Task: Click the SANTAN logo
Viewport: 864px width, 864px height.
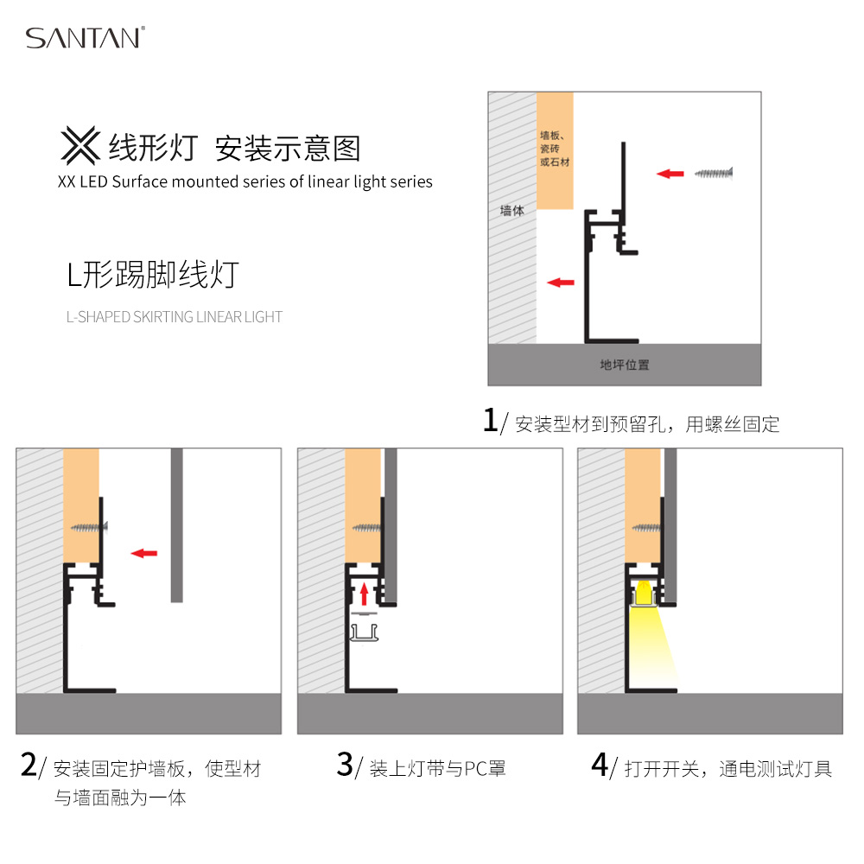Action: click(x=86, y=37)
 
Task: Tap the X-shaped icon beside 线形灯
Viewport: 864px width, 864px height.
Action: click(x=80, y=145)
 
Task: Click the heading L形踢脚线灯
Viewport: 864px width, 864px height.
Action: click(x=153, y=275)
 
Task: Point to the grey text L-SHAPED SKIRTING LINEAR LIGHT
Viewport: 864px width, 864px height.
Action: click(x=175, y=317)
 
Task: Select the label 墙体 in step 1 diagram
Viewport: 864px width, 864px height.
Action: click(x=511, y=210)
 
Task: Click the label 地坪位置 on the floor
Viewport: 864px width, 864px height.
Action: click(x=625, y=365)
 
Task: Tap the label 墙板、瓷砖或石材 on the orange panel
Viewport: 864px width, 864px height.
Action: click(x=555, y=149)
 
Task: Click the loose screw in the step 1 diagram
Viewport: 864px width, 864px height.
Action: click(x=714, y=174)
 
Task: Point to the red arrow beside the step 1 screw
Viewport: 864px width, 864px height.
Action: click(x=670, y=174)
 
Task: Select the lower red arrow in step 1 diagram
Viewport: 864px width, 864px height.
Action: click(x=561, y=283)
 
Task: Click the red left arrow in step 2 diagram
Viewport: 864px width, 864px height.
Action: click(x=143, y=553)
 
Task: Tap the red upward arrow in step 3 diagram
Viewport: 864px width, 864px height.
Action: click(x=364, y=594)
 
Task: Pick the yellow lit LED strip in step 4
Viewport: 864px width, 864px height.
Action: click(x=643, y=594)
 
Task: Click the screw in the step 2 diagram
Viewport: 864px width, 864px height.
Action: click(x=89, y=527)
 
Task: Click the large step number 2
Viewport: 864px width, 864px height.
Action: click(x=29, y=765)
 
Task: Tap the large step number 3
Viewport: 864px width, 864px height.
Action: click(x=345, y=765)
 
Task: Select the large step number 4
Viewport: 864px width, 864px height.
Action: click(x=600, y=765)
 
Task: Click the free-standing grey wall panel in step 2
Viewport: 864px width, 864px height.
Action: click(x=176, y=525)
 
